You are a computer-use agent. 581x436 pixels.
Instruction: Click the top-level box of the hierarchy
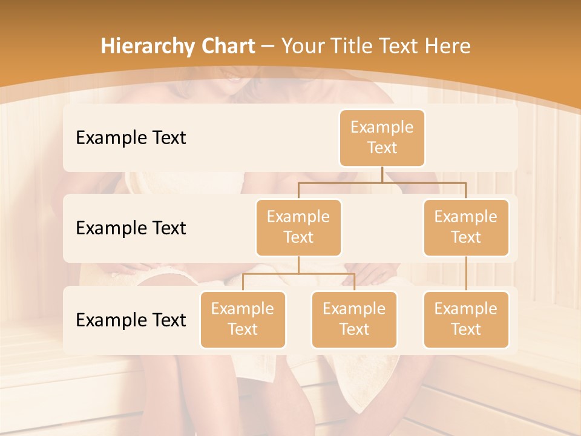coord(382,137)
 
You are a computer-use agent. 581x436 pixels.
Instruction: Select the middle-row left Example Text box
coord(298,227)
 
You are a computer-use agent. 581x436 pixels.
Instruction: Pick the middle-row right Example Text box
coord(466,227)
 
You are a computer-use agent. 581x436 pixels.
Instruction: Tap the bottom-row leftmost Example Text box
coord(243,319)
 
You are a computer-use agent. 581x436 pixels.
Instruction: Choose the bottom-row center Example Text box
coord(354,319)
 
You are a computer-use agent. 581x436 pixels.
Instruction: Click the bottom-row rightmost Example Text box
coord(466,319)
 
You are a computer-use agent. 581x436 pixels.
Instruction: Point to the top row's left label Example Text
coord(131,137)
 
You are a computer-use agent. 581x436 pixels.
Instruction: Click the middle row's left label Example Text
coord(131,228)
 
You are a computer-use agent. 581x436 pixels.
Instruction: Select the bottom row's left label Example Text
coord(131,320)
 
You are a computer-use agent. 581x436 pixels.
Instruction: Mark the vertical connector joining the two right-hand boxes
coord(466,274)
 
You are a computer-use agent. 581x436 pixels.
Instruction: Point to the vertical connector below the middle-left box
coord(298,265)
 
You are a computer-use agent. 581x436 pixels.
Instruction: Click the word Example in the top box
coord(382,127)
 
